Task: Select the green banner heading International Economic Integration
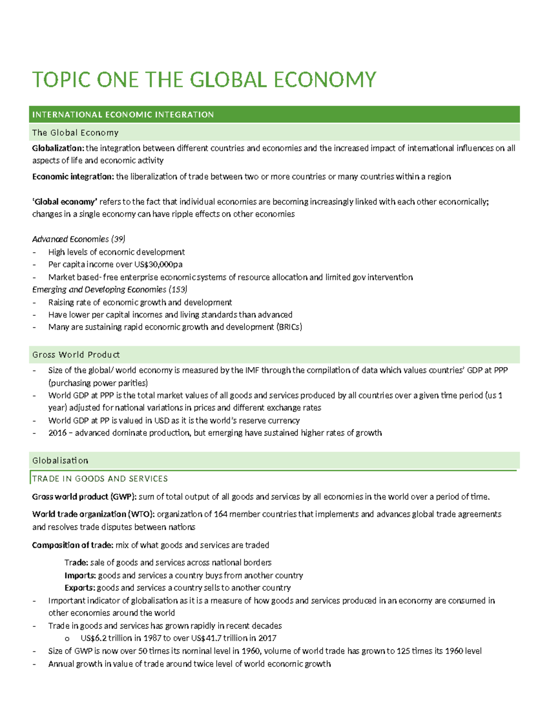(123, 115)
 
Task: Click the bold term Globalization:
(58, 148)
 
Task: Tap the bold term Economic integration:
(73, 176)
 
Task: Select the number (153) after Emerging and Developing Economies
(178, 289)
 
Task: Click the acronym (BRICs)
(289, 327)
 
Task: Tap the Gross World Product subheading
(76, 355)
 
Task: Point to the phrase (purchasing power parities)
(98, 383)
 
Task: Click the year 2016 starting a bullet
(57, 433)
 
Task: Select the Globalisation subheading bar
(60, 460)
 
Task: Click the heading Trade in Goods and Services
(100, 479)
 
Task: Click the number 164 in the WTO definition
(221, 514)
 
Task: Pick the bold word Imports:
(80, 575)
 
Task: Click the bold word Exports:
(80, 588)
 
